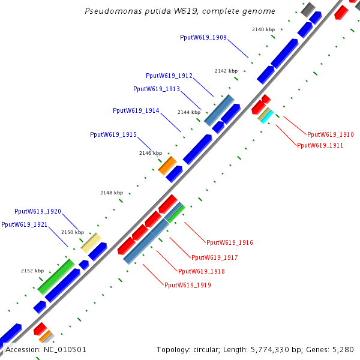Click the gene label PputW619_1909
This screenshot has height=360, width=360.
(x=203, y=37)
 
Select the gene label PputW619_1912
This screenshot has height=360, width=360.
(x=169, y=76)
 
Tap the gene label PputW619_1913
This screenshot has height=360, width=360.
(x=157, y=89)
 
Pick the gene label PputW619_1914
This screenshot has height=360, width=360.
(x=136, y=110)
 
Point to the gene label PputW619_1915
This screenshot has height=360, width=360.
(x=113, y=134)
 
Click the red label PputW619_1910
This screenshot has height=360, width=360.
(x=330, y=135)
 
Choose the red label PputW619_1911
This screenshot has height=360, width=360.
(x=320, y=145)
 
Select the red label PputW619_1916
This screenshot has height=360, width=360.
(x=230, y=242)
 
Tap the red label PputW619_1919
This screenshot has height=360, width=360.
(x=188, y=285)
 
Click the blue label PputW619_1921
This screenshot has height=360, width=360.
(x=25, y=224)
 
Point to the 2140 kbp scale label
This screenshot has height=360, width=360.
(x=263, y=29)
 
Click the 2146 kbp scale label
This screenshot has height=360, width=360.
(x=151, y=153)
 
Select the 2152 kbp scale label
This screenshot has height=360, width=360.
(x=32, y=271)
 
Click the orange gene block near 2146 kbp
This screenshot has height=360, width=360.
(x=167, y=166)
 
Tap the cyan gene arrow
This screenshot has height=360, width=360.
(x=267, y=115)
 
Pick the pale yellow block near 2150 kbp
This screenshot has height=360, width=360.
(x=91, y=241)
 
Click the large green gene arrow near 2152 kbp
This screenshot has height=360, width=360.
(x=56, y=276)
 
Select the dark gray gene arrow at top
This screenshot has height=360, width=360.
(x=308, y=10)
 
